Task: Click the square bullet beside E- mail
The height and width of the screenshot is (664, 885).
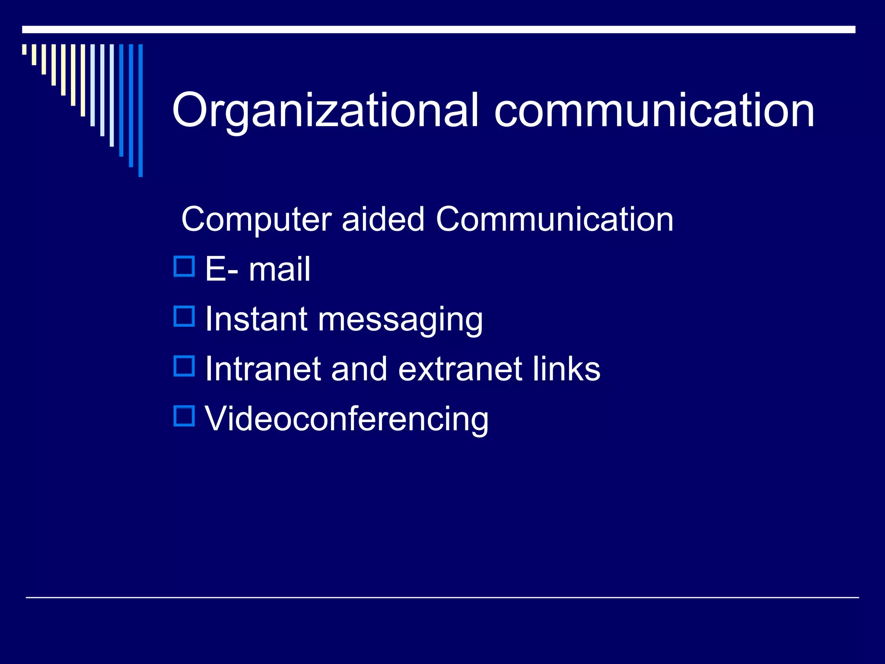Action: click(x=184, y=266)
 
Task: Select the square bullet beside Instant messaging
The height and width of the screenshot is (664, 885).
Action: click(x=184, y=316)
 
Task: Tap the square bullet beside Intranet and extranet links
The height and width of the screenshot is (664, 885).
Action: click(x=184, y=366)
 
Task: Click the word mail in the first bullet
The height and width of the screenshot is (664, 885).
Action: click(x=279, y=269)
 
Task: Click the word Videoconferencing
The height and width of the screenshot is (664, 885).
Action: click(x=346, y=419)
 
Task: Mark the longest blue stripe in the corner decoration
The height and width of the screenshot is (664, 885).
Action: click(x=140, y=110)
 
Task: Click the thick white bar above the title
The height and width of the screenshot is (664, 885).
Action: click(x=439, y=29)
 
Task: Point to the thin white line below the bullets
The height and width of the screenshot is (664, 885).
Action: click(x=442, y=597)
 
